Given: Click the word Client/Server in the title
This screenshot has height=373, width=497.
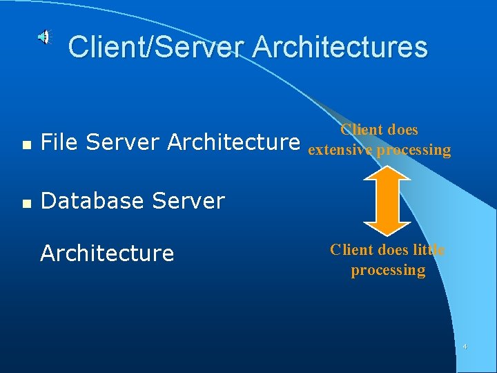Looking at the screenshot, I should coord(157,47).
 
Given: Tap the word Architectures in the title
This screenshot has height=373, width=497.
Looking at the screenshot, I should coord(340,47).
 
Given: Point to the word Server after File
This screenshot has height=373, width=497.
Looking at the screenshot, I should coord(124,142).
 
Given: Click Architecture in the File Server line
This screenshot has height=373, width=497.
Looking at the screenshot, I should coord(234,142).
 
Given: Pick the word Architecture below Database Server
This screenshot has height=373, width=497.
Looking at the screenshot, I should coord(107,254).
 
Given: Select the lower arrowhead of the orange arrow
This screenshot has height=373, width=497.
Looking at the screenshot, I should coord(387,224).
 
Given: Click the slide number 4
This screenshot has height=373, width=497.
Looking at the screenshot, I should coord(465,346).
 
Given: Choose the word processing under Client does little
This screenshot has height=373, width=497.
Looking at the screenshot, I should coord(388,270).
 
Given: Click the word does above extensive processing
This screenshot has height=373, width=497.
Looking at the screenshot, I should coord(402,130).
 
